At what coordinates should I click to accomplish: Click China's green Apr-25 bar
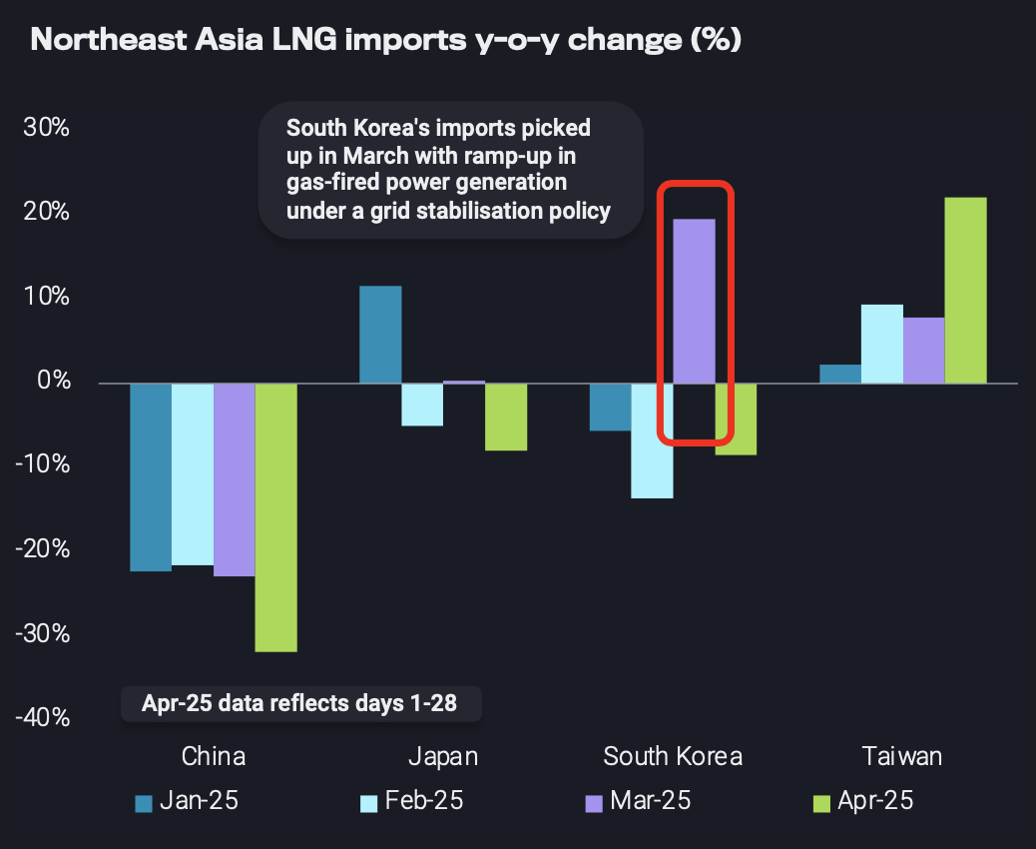point(275,517)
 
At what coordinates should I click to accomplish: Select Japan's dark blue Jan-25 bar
point(380,335)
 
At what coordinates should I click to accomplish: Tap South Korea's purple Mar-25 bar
point(694,301)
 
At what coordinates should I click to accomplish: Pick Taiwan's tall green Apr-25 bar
point(965,290)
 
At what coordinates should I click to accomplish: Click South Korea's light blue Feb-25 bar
point(652,440)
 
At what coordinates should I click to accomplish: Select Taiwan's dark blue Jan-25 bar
point(839,374)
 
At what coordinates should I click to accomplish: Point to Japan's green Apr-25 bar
point(506,417)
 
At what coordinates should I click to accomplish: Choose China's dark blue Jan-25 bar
point(151,477)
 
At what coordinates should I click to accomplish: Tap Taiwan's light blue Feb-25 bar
point(881,344)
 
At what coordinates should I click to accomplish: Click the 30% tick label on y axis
point(46,129)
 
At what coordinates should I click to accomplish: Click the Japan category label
point(443,756)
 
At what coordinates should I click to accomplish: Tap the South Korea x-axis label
point(673,756)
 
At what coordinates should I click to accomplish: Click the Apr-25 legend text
point(875,801)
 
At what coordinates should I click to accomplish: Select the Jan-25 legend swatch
point(143,803)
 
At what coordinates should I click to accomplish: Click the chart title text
point(385,42)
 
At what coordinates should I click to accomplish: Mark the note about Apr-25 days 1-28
point(299,703)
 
